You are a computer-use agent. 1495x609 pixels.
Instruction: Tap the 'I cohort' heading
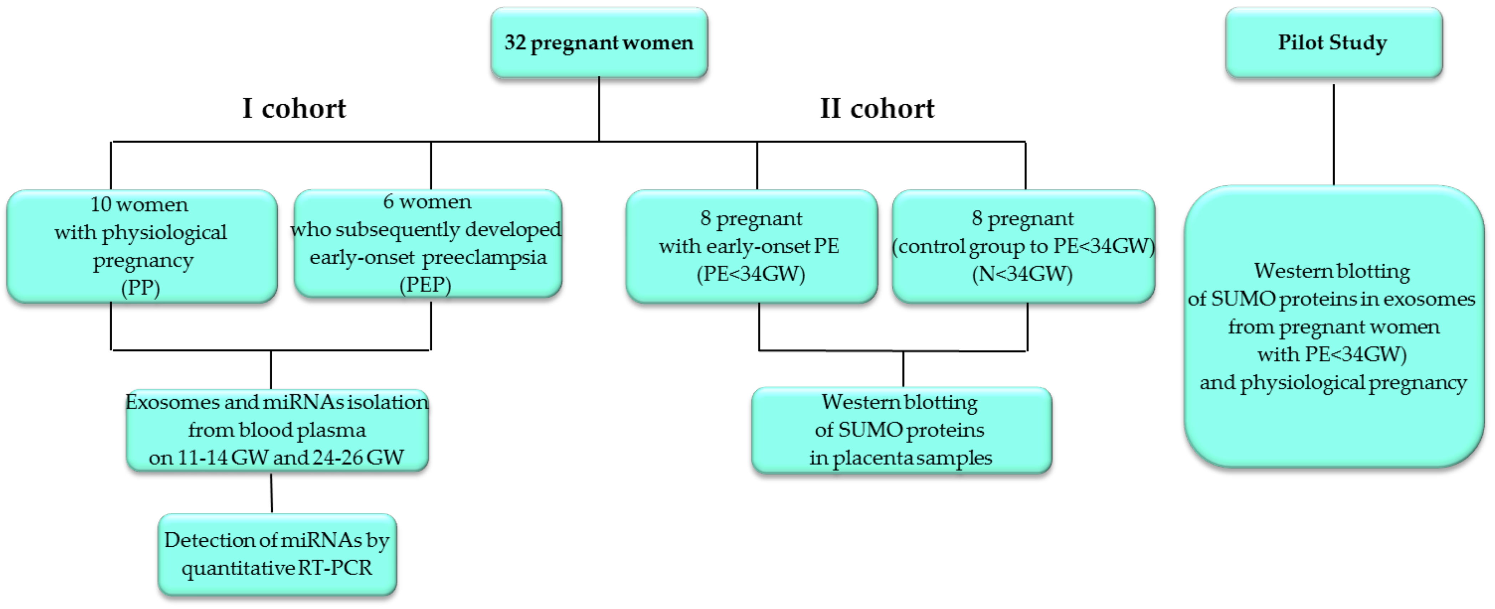[x=294, y=109]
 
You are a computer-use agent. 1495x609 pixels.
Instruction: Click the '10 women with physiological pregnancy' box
[x=141, y=246]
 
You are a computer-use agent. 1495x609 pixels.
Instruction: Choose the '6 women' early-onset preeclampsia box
[x=428, y=244]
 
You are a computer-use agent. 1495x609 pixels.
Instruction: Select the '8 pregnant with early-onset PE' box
[x=751, y=246]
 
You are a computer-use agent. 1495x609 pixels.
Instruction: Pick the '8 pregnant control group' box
[x=1023, y=246]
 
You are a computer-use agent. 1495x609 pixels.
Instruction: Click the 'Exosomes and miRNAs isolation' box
[x=277, y=430]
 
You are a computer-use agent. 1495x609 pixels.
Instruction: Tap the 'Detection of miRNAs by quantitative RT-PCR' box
[x=277, y=554]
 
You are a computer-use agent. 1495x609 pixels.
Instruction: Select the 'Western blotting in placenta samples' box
[x=901, y=430]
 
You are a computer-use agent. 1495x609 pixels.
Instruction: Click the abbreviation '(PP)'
[x=140, y=288]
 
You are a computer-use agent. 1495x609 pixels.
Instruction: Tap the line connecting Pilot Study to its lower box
[x=1334, y=134]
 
